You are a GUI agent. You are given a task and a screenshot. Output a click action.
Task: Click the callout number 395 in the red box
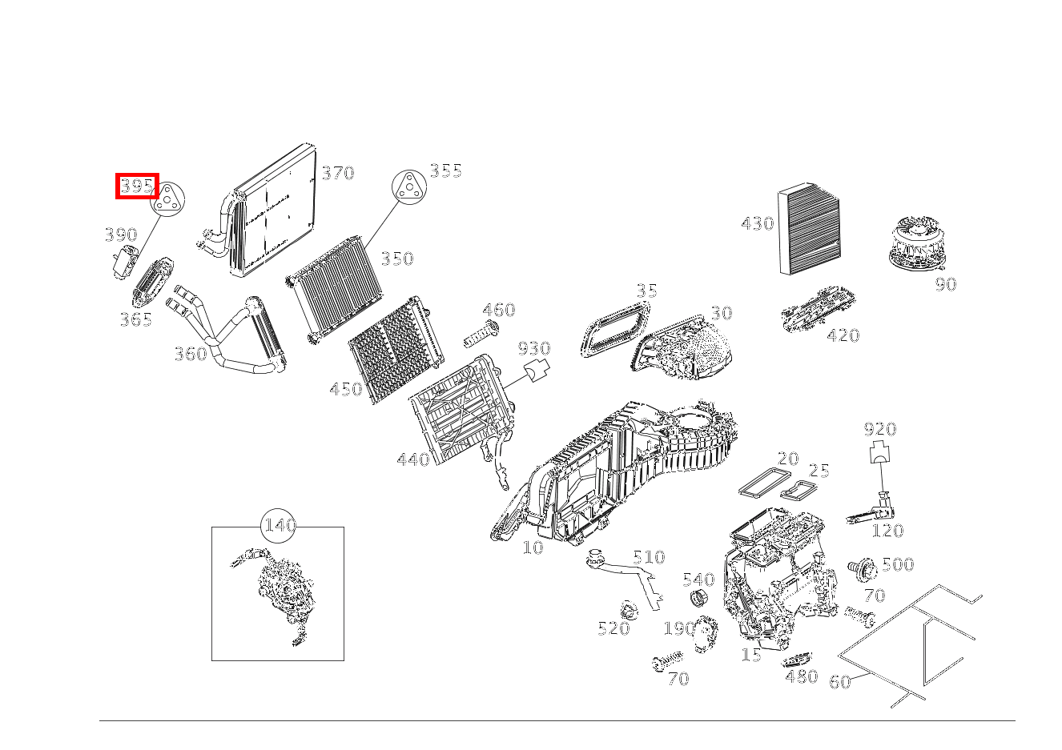click(137, 186)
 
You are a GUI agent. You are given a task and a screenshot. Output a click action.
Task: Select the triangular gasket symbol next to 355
click(408, 188)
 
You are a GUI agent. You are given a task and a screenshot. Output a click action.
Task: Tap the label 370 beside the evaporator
click(337, 173)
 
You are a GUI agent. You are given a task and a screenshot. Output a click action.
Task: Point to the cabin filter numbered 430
click(810, 230)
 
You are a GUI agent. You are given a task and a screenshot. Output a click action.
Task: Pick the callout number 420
click(843, 335)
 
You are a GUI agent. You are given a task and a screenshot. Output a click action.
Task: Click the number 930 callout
click(534, 348)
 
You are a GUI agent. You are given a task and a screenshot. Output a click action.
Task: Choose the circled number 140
click(280, 526)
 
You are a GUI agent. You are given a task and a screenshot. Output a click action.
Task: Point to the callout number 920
click(880, 429)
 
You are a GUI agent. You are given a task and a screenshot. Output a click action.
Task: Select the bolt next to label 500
click(862, 569)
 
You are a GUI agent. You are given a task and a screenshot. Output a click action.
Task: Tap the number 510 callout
click(649, 557)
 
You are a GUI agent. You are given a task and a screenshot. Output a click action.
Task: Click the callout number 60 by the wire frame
click(839, 682)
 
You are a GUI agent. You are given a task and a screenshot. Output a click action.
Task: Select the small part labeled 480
click(795, 661)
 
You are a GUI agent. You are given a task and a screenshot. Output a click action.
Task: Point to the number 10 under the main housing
click(533, 547)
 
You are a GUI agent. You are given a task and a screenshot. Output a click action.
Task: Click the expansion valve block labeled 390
click(123, 262)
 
